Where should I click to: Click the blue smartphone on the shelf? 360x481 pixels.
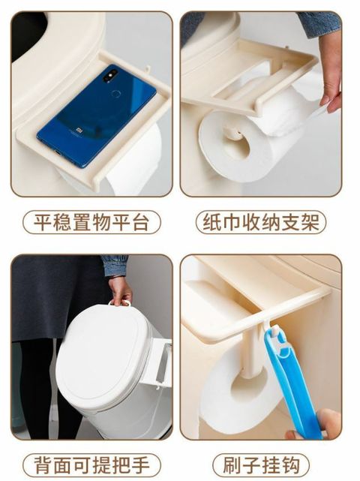point(97,116)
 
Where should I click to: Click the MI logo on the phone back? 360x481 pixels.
point(79,131)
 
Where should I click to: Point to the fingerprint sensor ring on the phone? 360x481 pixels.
point(116,94)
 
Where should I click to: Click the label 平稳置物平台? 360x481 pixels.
point(91,222)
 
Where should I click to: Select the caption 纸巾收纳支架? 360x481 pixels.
point(261,222)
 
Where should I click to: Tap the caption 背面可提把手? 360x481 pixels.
point(91,465)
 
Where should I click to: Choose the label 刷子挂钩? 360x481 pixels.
point(261,465)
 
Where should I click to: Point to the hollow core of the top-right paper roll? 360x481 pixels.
point(236,144)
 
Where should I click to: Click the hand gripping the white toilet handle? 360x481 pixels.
point(121,290)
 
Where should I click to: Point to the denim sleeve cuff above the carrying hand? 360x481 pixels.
point(115,266)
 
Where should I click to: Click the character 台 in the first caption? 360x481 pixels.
point(140,222)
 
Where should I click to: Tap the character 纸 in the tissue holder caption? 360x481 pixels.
point(212,222)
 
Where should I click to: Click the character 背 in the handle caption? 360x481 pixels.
point(42,465)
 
